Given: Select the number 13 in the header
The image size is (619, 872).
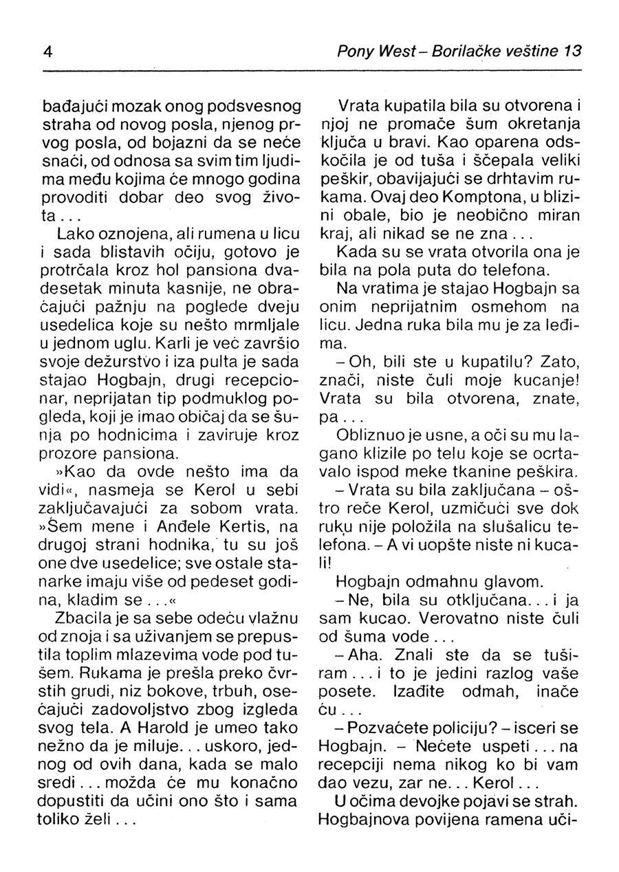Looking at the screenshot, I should [x=573, y=52].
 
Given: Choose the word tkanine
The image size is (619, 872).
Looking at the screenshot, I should [x=475, y=472].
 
